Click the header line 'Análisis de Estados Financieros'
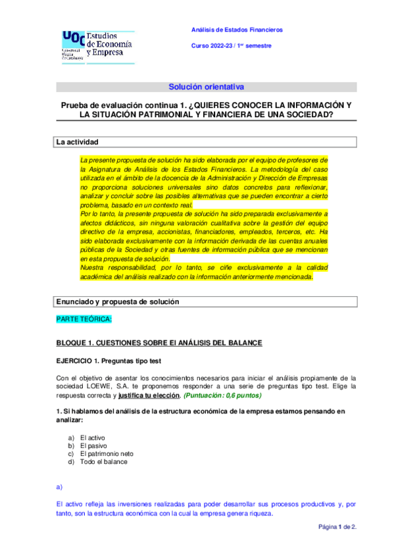click(x=237, y=30)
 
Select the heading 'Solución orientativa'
click(x=206, y=86)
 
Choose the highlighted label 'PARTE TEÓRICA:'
click(x=84, y=319)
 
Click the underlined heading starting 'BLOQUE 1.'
click(x=159, y=343)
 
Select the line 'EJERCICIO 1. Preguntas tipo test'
click(x=108, y=361)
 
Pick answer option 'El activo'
click(x=93, y=438)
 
